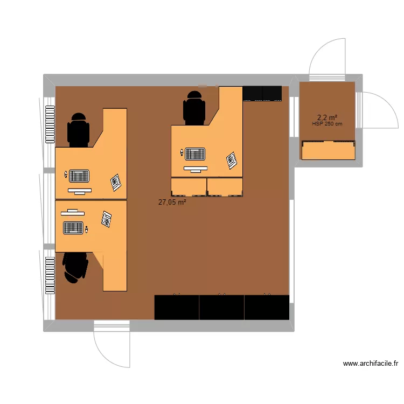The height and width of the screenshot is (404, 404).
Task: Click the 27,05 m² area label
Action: coord(172,202)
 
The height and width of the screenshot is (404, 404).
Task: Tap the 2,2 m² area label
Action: coord(327,117)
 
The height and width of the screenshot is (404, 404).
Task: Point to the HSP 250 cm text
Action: coord(327,124)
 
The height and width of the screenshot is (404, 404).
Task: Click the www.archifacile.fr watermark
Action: coord(371,364)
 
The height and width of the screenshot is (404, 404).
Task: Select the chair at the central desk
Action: coord(194,108)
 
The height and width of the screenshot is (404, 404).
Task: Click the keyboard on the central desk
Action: coord(195,154)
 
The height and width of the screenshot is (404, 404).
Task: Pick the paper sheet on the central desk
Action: coord(232,160)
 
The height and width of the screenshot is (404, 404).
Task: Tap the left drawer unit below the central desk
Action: coord(189,186)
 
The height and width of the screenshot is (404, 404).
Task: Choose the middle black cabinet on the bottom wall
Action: coord(221,307)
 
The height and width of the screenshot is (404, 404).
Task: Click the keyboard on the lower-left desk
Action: coord(74,228)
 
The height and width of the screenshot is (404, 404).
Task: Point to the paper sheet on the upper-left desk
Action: coord(116,182)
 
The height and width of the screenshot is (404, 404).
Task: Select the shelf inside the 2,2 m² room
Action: coord(328,150)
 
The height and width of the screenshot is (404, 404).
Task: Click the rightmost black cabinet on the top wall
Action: coord(272,93)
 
